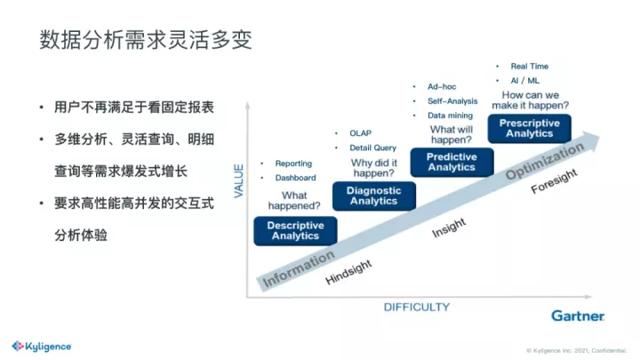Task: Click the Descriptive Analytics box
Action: [295, 230]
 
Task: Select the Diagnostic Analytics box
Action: [373, 196]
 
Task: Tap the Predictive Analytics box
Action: [452, 162]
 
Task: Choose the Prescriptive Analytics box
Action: [530, 128]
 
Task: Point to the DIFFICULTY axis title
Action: [417, 307]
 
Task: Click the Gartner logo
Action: [578, 316]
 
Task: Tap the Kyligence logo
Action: [42, 346]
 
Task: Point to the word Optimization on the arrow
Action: [547, 161]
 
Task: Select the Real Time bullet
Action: [529, 66]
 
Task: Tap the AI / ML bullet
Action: [524, 81]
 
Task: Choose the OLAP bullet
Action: [360, 133]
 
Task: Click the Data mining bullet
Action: [450, 116]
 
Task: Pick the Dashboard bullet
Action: [295, 178]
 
